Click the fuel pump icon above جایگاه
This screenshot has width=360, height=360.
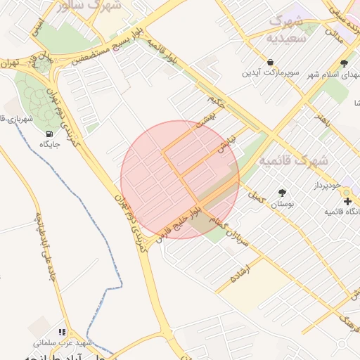49,134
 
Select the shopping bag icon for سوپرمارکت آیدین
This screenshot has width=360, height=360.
271,61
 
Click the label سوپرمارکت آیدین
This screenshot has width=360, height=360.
271,73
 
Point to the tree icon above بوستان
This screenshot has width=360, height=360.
282,192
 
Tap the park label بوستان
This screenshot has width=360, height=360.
281,204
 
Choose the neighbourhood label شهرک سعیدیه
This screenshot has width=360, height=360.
295,28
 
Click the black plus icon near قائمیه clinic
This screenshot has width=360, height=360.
347,202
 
